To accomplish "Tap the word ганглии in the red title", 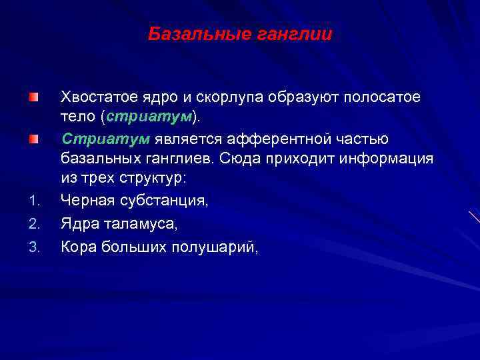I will [x=294, y=33].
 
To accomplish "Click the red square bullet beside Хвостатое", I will [x=33, y=98].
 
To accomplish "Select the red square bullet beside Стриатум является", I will [x=33, y=139].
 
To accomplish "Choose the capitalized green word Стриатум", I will [x=105, y=139].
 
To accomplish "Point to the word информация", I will [x=397, y=159].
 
